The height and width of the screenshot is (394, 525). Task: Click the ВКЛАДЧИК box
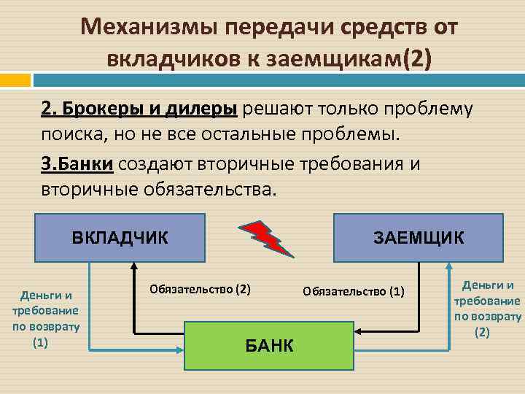(x=120, y=237)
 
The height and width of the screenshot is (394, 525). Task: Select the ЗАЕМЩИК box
(x=418, y=237)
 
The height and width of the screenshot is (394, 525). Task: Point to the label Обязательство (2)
(x=200, y=289)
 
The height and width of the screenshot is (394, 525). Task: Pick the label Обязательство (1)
(x=353, y=292)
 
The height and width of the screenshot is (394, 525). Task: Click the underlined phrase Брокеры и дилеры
(x=139, y=109)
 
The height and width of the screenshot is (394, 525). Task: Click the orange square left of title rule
(x=15, y=79)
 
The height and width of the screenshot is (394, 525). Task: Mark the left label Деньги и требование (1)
(x=45, y=310)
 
